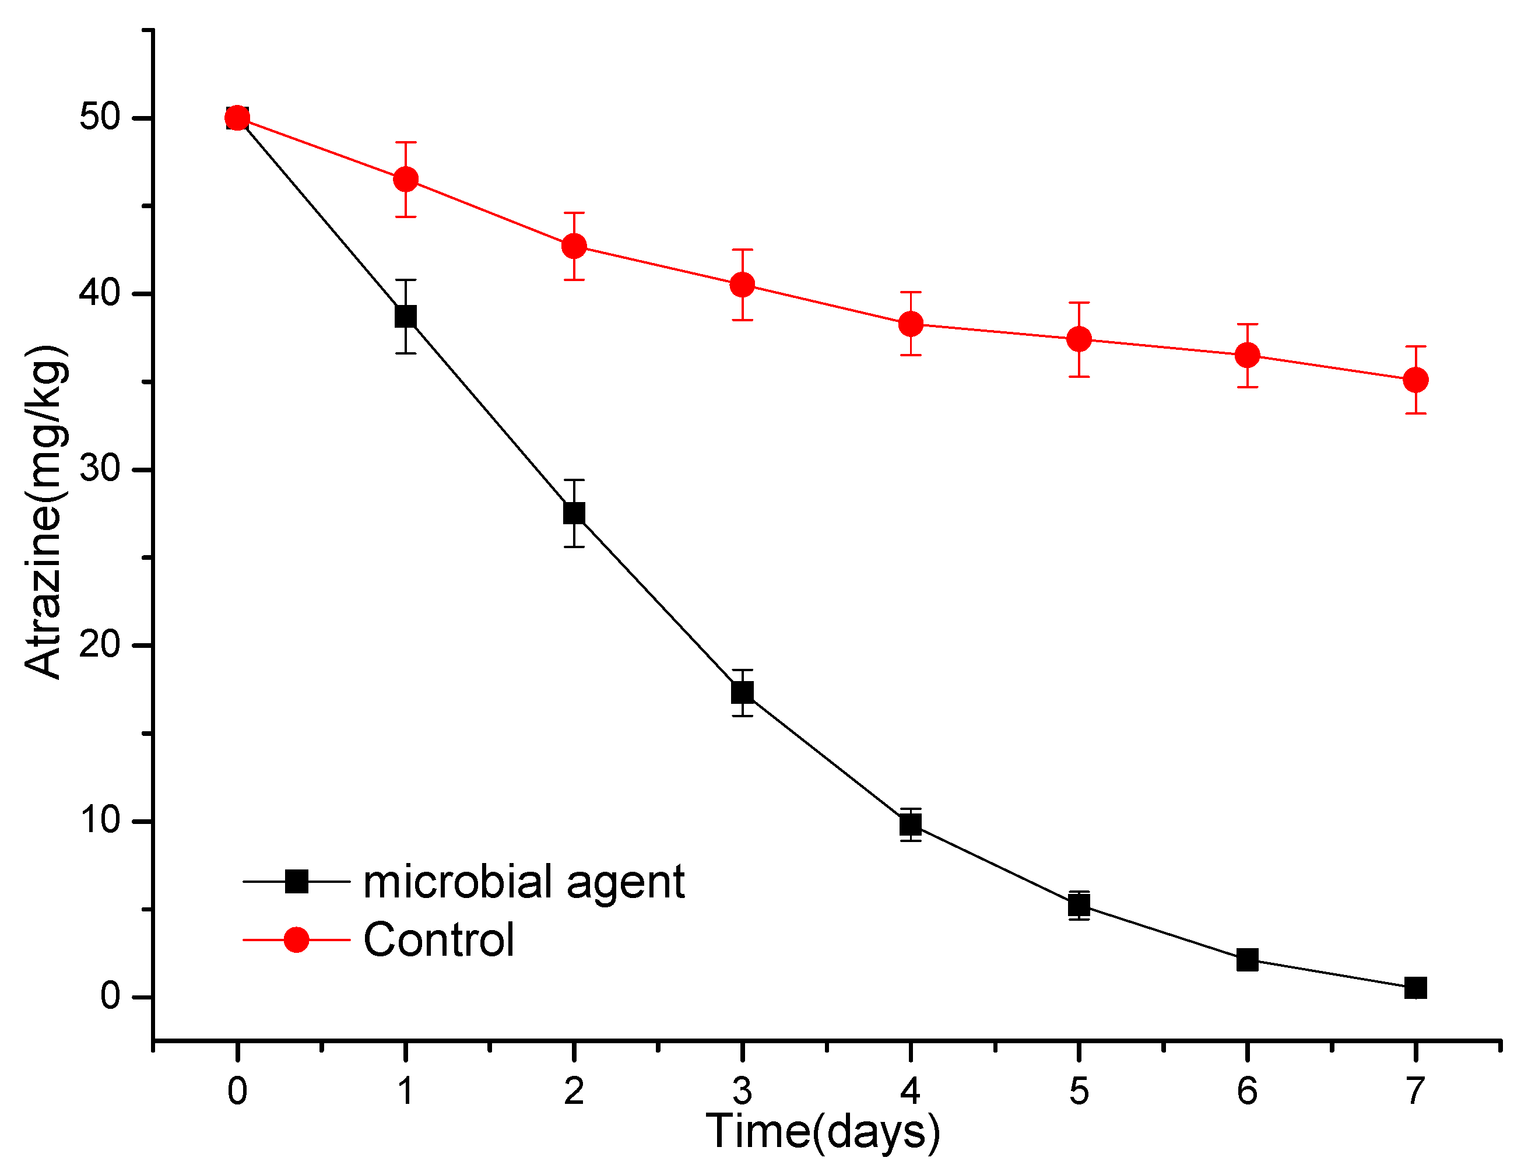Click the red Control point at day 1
pyautogui.click(x=406, y=180)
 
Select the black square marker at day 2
pyautogui.click(x=574, y=513)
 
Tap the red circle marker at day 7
pyautogui.click(x=1415, y=380)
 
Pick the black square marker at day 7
pyautogui.click(x=1415, y=988)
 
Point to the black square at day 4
pyautogui.click(x=911, y=825)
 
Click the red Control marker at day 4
pyautogui.click(x=911, y=324)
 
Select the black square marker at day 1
pyautogui.click(x=406, y=316)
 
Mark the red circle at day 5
pyautogui.click(x=1079, y=340)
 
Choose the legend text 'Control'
pyautogui.click(x=438, y=940)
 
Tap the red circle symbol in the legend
pyautogui.click(x=297, y=940)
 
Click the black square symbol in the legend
pyautogui.click(x=297, y=882)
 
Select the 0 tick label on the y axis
pyautogui.click(x=111, y=996)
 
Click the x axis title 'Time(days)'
pyautogui.click(x=823, y=1131)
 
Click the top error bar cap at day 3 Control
pyautogui.click(x=742, y=250)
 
